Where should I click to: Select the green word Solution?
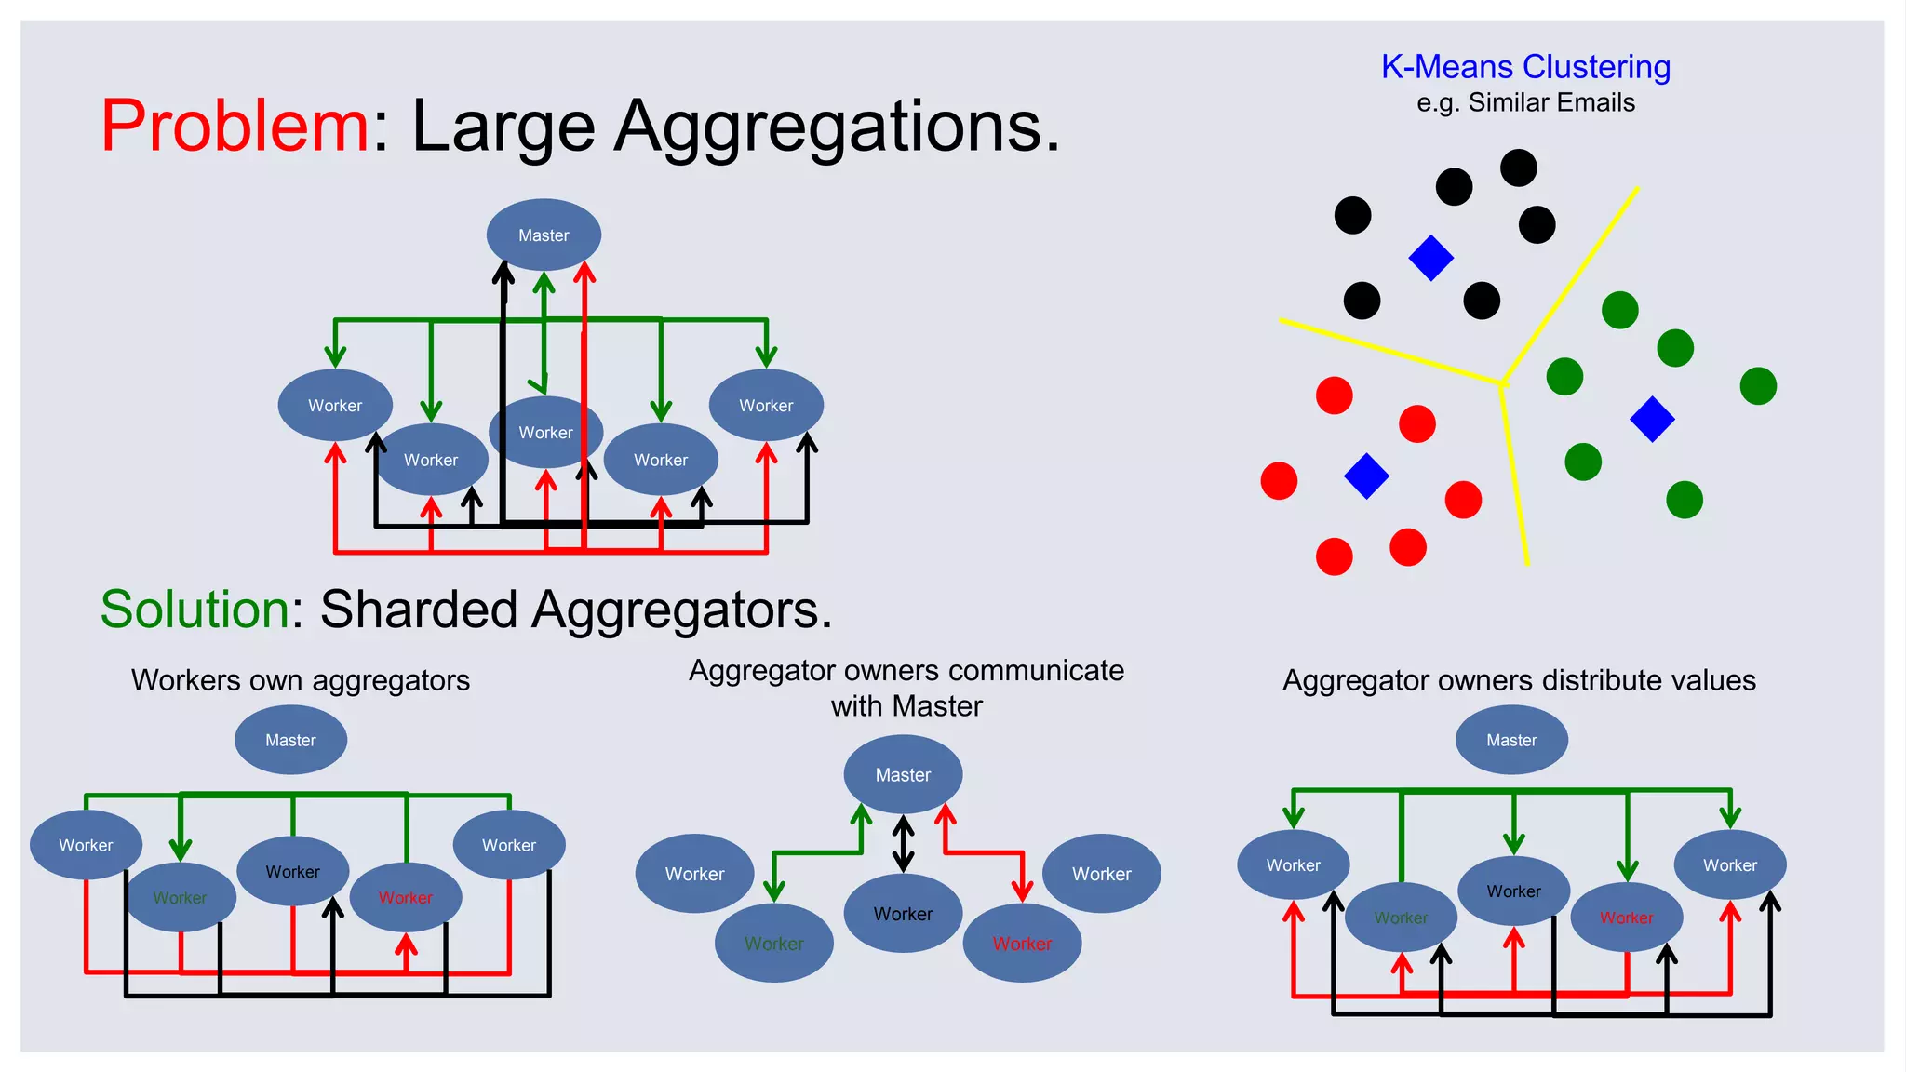click(x=195, y=610)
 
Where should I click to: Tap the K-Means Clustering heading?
click(x=1525, y=67)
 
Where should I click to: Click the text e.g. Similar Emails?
click(x=1525, y=102)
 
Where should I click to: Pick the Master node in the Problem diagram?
click(x=544, y=234)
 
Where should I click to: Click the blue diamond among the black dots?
click(x=1430, y=258)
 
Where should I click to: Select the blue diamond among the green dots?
click(x=1652, y=419)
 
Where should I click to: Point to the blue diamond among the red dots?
click(x=1366, y=476)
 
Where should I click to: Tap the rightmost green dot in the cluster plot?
click(x=1757, y=385)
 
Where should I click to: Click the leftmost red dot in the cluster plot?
click(x=1279, y=481)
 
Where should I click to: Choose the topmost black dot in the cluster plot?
click(x=1518, y=168)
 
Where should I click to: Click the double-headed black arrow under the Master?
click(x=903, y=843)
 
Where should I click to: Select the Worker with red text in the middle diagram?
click(x=1022, y=944)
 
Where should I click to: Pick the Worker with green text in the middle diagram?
click(x=773, y=944)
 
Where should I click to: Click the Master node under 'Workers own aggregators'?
click(x=290, y=740)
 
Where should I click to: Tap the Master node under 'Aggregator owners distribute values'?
click(x=1511, y=740)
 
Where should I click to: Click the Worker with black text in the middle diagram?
click(x=903, y=914)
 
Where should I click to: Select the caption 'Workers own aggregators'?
click(x=300, y=680)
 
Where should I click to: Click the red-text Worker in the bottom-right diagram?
click(x=1626, y=918)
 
